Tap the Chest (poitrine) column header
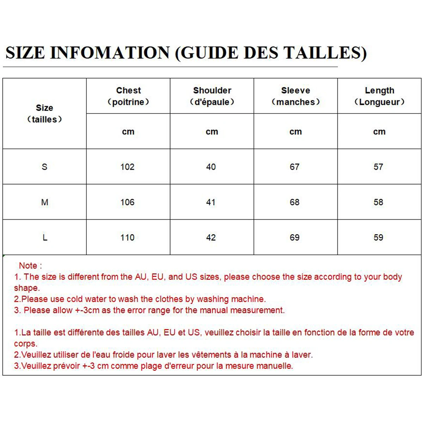coord(128,96)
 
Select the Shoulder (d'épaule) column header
coord(212,96)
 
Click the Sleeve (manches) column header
coord(295,96)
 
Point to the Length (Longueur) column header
coord(379,96)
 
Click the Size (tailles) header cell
coord(44,114)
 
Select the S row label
coord(44,167)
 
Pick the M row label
coord(44,202)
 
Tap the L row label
coord(45,238)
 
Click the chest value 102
coord(127,167)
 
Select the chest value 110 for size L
coord(127,238)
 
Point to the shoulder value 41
coord(211,202)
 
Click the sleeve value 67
coord(295,167)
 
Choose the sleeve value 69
coord(295,238)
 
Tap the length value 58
coord(378,202)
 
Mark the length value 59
coord(378,238)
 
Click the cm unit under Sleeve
coord(295,132)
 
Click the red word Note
coord(28,265)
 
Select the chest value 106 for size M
coord(127,202)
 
